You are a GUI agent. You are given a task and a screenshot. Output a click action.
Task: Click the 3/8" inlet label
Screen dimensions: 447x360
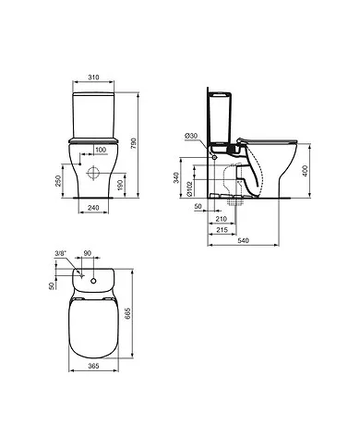62,252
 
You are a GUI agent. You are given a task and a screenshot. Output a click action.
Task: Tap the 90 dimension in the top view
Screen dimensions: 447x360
87,252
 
